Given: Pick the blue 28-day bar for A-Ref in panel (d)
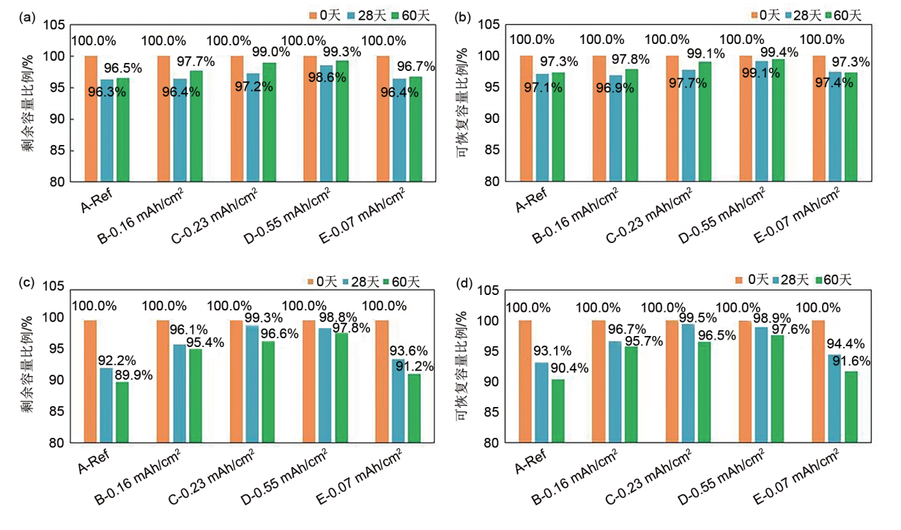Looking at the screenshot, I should [541, 403].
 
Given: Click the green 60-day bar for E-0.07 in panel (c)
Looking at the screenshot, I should [415, 408].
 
